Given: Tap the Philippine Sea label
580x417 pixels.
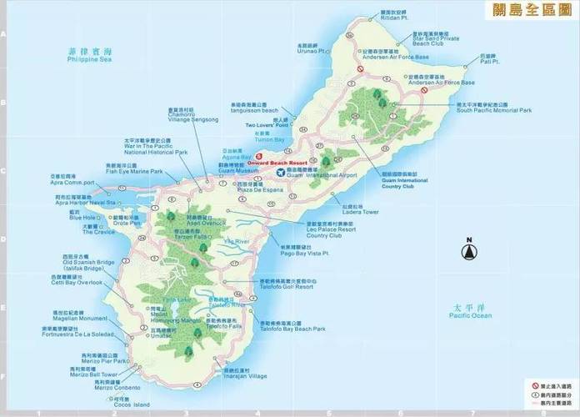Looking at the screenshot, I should point(89,60).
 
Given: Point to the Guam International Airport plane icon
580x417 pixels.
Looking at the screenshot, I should point(280,173).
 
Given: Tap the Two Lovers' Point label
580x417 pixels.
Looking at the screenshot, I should point(265,126).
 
